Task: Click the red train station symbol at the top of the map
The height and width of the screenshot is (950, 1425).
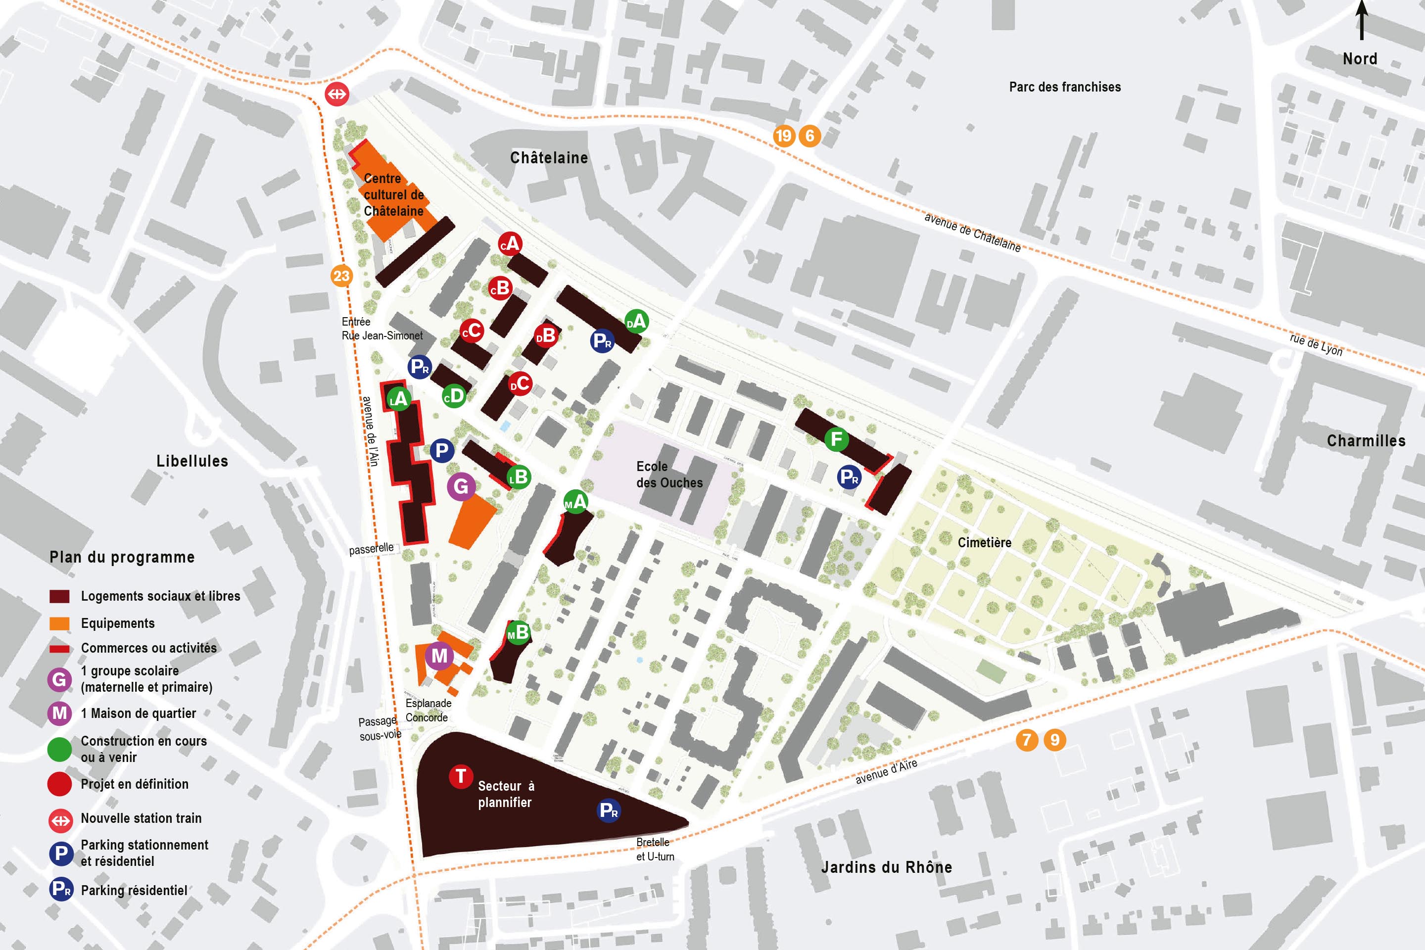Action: (337, 94)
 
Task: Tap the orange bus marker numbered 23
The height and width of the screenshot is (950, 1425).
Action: (341, 276)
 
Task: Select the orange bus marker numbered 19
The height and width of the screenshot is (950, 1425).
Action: (783, 136)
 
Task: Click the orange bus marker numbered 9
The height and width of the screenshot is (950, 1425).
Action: (1055, 740)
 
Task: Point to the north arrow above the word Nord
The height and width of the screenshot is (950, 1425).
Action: (1361, 21)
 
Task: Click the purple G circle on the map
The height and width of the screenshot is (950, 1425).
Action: (461, 486)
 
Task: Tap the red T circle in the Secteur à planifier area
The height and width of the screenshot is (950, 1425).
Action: (461, 776)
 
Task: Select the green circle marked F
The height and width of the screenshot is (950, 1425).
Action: (837, 439)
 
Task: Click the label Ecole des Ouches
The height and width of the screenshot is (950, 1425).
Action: (669, 475)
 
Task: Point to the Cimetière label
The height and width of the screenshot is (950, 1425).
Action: (984, 543)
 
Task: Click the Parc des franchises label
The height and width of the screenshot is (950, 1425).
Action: (1064, 87)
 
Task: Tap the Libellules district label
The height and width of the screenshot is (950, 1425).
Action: (192, 461)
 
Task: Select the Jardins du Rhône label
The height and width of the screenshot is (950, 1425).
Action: (886, 867)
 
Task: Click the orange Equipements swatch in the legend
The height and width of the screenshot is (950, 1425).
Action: (59, 623)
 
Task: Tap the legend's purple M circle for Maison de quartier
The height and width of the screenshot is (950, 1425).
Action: (59, 713)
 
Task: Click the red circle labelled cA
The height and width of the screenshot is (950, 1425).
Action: (510, 243)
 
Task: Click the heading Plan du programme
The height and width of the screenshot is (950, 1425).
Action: (122, 558)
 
